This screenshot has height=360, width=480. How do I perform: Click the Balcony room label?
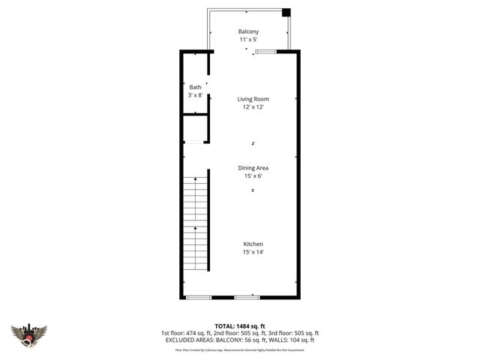[248, 31]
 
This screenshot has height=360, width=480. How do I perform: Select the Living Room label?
[253, 99]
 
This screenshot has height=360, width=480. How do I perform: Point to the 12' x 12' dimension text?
[253, 107]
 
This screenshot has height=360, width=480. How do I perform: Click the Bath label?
[195, 88]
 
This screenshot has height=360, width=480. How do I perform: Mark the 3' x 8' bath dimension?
[195, 96]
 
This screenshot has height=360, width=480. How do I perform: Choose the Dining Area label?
[253, 168]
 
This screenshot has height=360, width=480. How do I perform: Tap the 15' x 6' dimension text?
[253, 176]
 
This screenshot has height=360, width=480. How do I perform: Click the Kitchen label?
[253, 244]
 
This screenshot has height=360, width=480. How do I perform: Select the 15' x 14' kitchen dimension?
[253, 253]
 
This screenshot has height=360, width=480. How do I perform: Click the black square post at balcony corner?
[286, 12]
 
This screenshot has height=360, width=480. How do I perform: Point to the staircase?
[195, 225]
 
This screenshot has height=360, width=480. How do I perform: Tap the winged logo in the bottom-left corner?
[29, 334]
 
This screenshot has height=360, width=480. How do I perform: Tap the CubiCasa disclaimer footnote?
[239, 349]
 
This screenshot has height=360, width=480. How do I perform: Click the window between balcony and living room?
[265, 51]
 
